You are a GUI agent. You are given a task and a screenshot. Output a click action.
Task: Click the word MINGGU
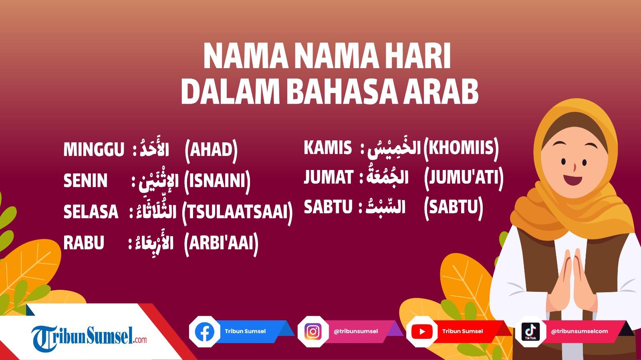[94, 150]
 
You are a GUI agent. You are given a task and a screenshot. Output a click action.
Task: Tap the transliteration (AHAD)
[211, 150]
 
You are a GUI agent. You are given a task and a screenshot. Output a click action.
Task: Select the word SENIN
[85, 180]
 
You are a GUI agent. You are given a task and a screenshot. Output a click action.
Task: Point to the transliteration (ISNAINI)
[217, 180]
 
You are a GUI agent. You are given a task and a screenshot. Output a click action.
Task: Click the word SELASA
[91, 212]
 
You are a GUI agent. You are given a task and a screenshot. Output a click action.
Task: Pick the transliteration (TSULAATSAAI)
[237, 212]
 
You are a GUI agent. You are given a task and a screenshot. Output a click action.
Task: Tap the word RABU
[84, 243]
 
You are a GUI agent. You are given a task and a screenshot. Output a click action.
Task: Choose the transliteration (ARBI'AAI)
[221, 243]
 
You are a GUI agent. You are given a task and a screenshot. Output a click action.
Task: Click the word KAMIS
[328, 148]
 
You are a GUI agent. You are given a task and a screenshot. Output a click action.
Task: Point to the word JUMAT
[329, 177]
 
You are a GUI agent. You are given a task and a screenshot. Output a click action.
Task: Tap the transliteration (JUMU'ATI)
[464, 177]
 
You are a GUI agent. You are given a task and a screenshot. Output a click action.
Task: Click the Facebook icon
[205, 332]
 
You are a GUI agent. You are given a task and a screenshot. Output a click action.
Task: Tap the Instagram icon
[313, 332]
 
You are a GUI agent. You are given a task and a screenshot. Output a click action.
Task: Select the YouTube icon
[421, 332]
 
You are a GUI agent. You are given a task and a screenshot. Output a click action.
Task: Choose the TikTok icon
[530, 332]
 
